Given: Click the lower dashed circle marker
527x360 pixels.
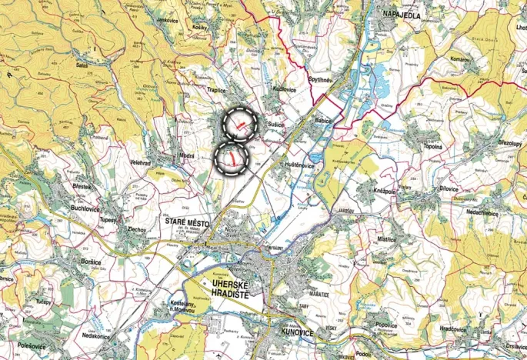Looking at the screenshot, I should tap(230, 158).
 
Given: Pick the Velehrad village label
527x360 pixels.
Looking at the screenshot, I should tap(145, 162).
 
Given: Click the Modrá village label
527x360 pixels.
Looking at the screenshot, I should tap(188, 155).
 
